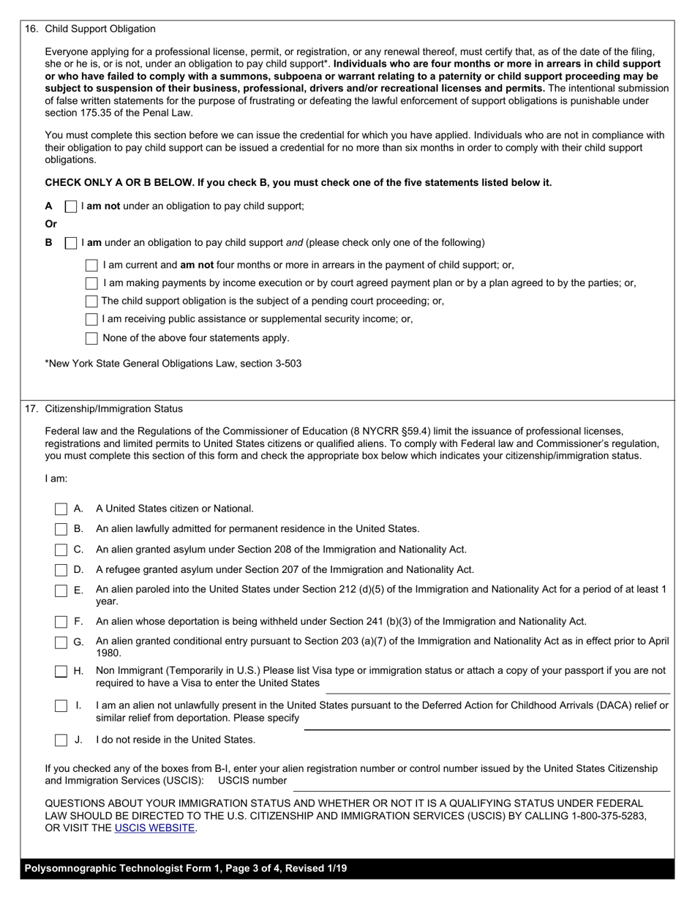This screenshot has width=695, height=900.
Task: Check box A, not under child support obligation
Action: pos(71,206)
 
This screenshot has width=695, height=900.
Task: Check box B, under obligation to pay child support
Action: pos(71,243)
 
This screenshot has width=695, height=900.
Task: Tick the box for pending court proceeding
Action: pos(91,301)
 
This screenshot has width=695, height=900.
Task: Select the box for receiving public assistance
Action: pos(91,319)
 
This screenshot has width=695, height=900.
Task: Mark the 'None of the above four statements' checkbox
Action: pos(91,338)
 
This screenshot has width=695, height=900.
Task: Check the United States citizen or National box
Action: pos(61,509)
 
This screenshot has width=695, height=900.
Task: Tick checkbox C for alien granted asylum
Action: pos(61,550)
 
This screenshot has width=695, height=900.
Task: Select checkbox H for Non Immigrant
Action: pos(61,671)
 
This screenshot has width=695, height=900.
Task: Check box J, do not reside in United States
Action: pos(61,740)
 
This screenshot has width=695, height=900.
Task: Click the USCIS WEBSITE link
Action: pos(154,828)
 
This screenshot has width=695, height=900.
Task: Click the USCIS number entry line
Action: pos(483,787)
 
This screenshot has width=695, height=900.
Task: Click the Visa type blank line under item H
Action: pos(497,689)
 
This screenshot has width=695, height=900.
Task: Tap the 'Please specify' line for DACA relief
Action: pos(487,725)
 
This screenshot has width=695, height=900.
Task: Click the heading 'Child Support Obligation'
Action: pos(100,29)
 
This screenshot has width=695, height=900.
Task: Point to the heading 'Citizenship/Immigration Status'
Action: pos(114,409)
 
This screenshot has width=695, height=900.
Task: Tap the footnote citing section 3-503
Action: pos(173,364)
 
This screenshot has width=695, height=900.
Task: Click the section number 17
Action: pos(31,409)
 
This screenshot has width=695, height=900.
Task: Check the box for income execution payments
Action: pos(91,283)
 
